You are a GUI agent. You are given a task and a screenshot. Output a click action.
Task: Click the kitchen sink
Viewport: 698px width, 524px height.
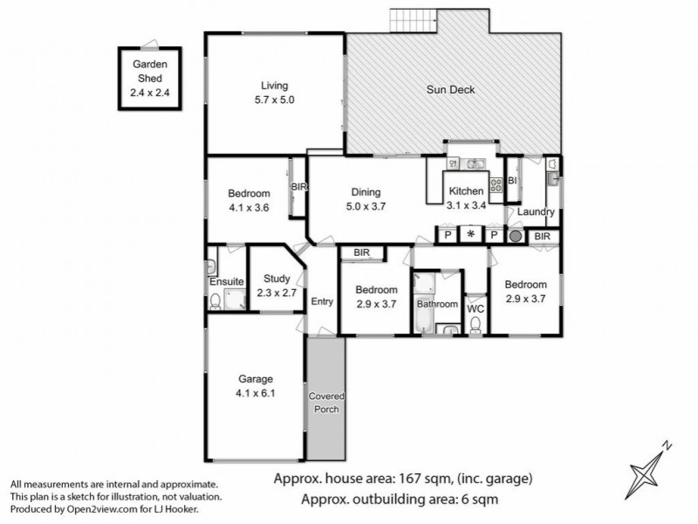tap(475, 163)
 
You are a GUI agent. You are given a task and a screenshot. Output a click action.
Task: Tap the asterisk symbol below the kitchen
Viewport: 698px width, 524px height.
tap(471, 235)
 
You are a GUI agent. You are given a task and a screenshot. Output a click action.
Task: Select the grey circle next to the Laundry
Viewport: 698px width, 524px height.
tap(515, 236)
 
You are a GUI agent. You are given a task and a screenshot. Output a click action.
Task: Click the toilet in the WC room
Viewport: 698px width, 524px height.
tap(476, 324)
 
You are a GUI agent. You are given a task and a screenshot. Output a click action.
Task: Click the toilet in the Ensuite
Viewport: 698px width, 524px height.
tap(215, 302)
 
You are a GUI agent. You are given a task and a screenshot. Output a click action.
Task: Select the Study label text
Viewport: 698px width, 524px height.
tap(277, 279)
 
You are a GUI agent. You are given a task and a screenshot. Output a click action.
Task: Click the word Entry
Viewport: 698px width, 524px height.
tap(322, 302)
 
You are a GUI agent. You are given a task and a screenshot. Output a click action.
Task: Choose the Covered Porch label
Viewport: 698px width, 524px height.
tap(325, 403)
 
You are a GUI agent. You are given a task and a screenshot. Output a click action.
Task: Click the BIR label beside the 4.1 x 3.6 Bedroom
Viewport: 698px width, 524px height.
tap(298, 187)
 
